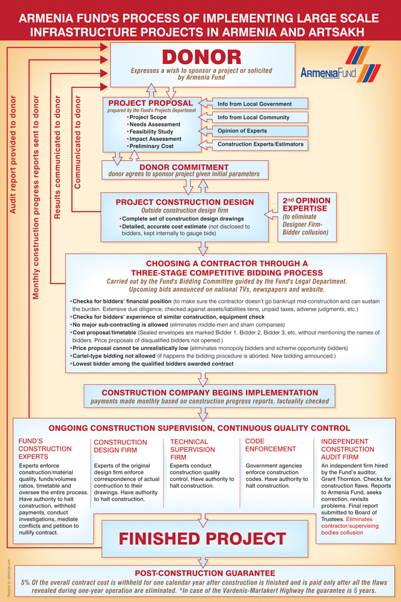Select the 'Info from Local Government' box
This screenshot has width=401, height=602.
255,104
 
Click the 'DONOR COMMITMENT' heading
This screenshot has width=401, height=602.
184,167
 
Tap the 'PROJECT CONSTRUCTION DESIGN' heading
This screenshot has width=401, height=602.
185,202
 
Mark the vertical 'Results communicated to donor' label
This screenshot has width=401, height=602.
57,157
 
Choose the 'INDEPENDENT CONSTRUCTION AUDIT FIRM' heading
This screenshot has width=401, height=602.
349,449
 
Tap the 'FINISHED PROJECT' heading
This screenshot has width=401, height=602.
202,538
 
